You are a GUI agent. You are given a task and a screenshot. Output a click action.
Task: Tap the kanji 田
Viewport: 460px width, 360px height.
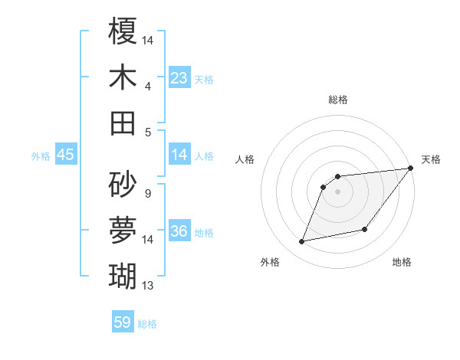coord(123,123)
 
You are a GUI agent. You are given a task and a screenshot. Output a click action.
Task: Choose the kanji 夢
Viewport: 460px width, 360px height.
coord(123,228)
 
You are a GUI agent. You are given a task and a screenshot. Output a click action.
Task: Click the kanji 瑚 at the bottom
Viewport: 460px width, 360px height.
coord(123,274)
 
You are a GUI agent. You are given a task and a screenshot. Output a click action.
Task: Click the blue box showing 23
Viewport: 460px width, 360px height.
coord(179,78)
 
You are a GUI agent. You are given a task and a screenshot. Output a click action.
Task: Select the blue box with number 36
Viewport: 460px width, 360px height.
coord(179,231)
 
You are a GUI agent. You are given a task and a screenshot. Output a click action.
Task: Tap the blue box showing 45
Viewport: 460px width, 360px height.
coord(65,155)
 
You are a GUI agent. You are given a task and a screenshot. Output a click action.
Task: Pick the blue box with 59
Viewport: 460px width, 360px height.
coord(123,322)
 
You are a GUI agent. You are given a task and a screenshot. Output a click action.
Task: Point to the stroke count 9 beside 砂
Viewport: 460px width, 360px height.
coord(147,193)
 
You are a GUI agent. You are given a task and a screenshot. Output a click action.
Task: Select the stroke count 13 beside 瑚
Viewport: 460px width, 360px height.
coord(148,286)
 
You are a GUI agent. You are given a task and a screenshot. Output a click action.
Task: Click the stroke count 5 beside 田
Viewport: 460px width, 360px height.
coord(148,132)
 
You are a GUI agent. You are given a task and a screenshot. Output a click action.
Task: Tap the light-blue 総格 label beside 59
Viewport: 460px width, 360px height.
coord(147,324)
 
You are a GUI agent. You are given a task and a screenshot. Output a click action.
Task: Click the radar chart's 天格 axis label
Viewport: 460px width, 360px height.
coord(431,159)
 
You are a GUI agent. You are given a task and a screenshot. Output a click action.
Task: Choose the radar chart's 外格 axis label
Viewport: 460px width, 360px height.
coord(270,262)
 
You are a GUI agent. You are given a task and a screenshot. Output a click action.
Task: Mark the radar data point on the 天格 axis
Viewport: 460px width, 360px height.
coord(410,169)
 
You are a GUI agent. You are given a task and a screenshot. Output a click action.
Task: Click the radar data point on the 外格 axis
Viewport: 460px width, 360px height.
coord(302,242)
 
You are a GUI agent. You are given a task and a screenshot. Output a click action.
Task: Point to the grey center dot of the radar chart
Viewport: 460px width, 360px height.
coord(337,191)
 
